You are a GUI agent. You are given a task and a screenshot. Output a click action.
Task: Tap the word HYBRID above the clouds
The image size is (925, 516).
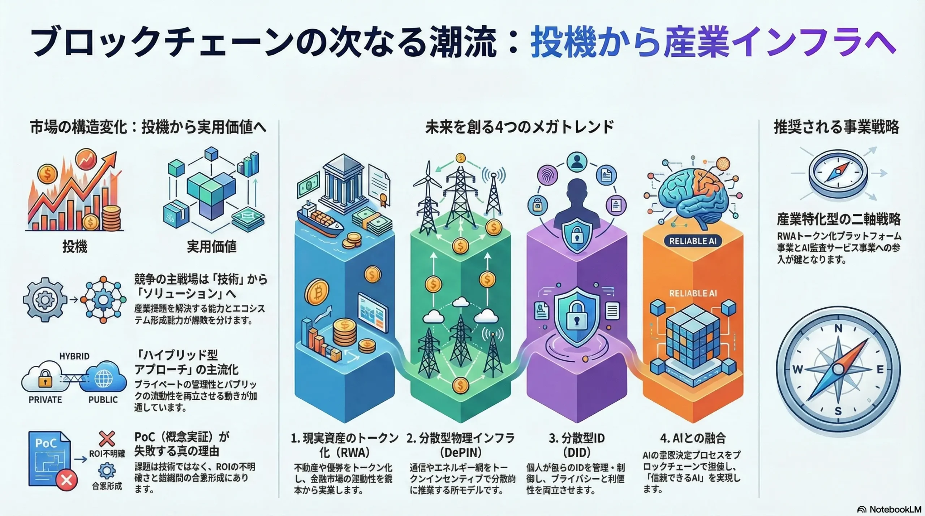(x=74, y=356)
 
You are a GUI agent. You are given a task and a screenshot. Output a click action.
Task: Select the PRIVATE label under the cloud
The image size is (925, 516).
(x=45, y=400)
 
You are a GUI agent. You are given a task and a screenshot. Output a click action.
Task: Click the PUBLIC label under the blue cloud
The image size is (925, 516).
(x=103, y=400)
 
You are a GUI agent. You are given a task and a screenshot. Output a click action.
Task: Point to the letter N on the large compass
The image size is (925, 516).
(x=838, y=329)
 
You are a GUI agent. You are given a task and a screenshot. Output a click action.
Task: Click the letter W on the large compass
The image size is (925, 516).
(x=797, y=369)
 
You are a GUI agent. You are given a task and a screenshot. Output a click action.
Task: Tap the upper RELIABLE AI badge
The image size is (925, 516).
(x=693, y=241)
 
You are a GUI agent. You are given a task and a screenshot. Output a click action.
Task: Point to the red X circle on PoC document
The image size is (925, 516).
(x=66, y=480)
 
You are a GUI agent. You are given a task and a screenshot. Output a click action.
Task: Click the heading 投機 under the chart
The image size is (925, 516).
(x=75, y=247)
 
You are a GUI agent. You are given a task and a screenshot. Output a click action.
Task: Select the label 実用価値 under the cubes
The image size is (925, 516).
(x=212, y=247)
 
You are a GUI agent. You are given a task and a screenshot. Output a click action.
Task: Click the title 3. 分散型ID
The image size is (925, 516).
(x=577, y=438)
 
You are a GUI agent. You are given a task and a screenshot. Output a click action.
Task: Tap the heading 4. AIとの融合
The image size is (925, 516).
(x=693, y=438)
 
